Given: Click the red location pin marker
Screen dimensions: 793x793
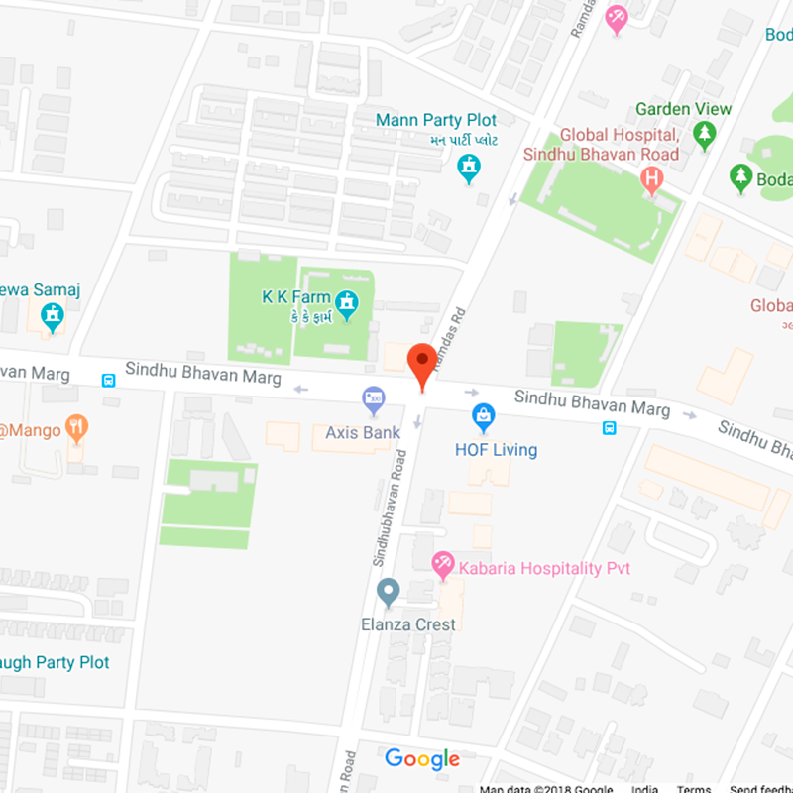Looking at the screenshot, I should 422,362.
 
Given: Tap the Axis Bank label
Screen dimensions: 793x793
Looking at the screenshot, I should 363,432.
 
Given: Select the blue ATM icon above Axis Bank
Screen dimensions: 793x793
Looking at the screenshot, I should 374,400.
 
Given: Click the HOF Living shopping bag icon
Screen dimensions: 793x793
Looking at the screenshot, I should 483,416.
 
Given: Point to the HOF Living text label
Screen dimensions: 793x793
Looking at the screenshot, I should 496,450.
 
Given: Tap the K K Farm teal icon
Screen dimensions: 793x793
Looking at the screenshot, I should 346,304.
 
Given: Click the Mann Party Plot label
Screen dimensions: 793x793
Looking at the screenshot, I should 436,120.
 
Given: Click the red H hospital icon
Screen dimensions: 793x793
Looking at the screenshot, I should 651,179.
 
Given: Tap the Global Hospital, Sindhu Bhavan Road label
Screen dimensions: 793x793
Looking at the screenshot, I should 620,144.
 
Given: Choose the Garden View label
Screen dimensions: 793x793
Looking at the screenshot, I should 684,109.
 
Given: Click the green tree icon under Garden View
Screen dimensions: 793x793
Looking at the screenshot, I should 705,135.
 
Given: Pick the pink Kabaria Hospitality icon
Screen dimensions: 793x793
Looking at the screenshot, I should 443,567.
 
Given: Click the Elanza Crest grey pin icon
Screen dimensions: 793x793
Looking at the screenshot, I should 389,593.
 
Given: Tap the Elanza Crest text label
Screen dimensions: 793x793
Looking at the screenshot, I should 408,624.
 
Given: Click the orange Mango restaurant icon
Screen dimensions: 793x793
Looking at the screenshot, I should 76,429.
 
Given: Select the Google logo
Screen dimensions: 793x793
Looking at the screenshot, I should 422,759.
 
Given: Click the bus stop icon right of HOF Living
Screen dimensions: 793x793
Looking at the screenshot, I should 609,428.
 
